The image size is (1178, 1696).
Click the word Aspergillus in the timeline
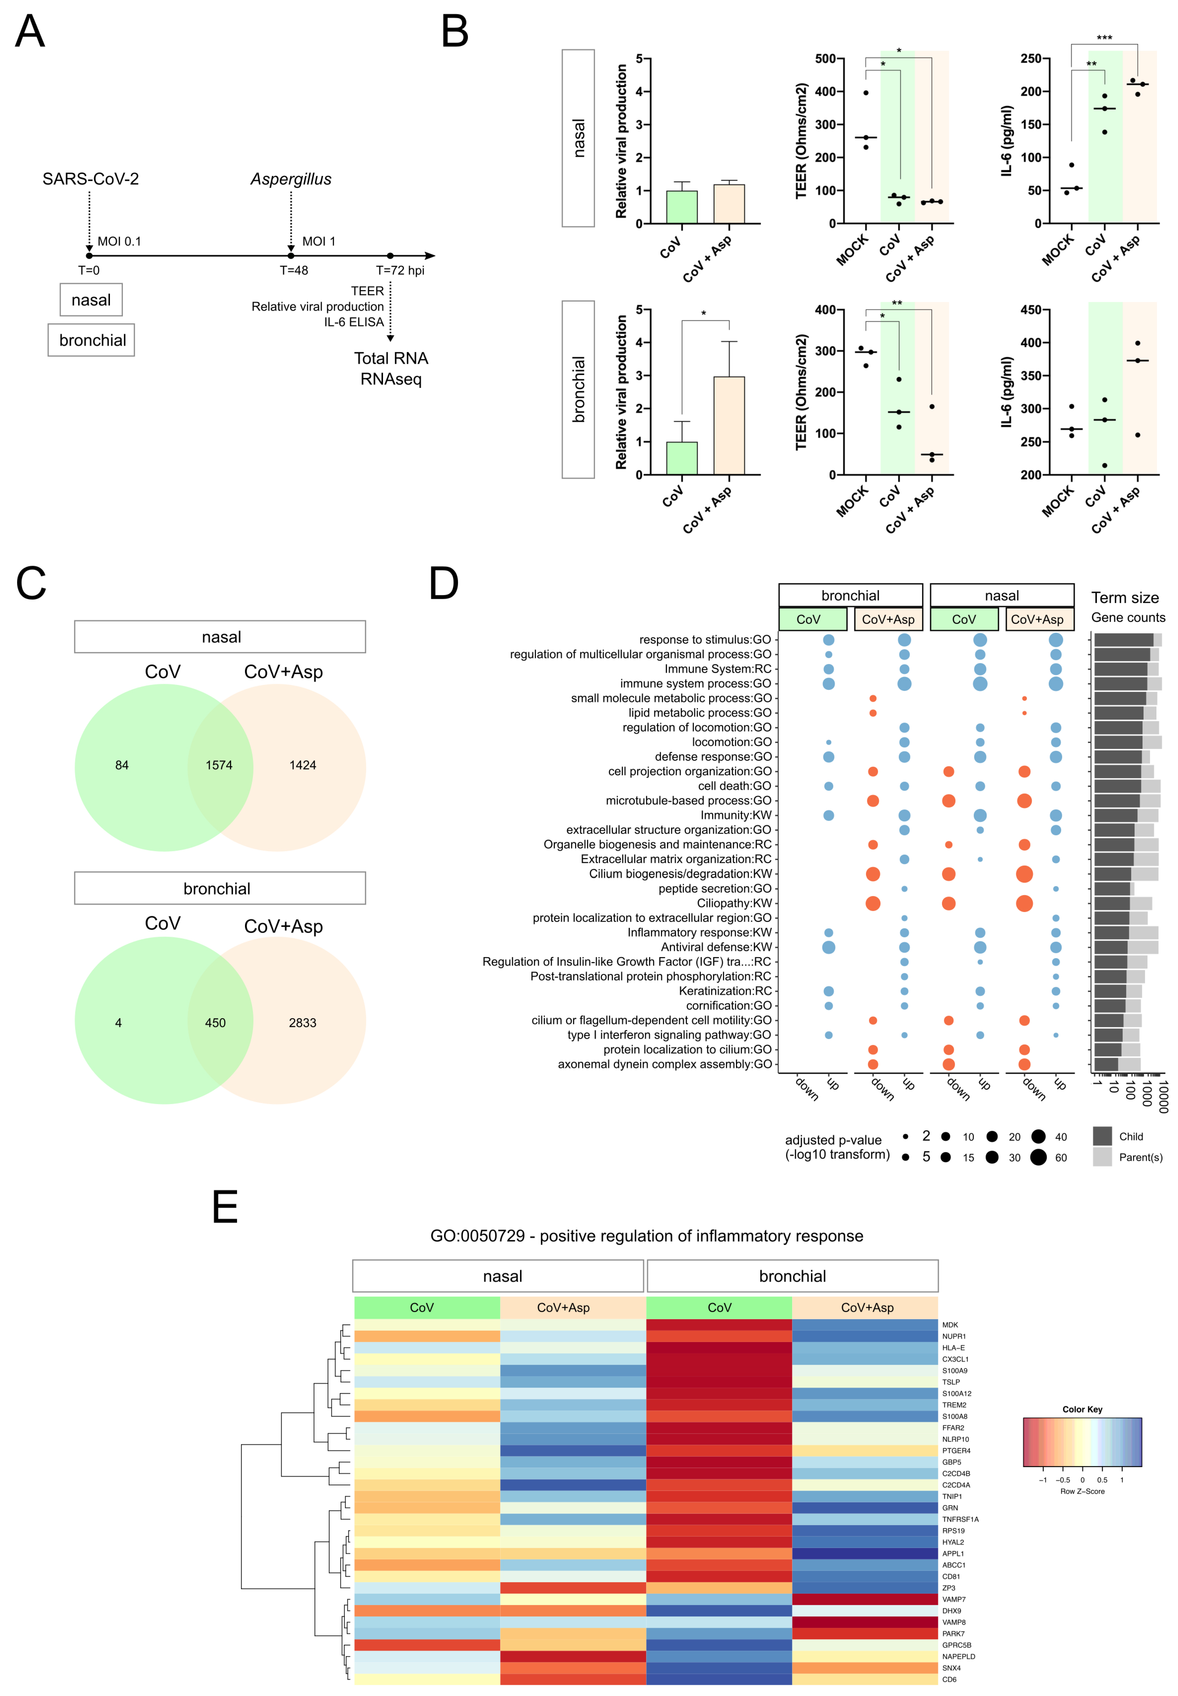(291, 179)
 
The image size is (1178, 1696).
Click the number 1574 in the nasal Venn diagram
(219, 765)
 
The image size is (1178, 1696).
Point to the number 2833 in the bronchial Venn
(303, 1023)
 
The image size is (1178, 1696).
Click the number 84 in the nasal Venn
(122, 765)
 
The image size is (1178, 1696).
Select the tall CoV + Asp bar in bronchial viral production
(728, 425)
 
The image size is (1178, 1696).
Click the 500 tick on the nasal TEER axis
(825, 59)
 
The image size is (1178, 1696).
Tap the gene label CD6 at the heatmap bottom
(949, 1679)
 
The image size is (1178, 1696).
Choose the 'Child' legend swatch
(1102, 1136)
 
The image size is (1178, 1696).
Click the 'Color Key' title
(1082, 1409)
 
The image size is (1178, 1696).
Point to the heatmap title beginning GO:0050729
(647, 1236)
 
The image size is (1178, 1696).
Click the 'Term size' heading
(1125, 598)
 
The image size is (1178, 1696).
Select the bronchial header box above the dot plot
(850, 595)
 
